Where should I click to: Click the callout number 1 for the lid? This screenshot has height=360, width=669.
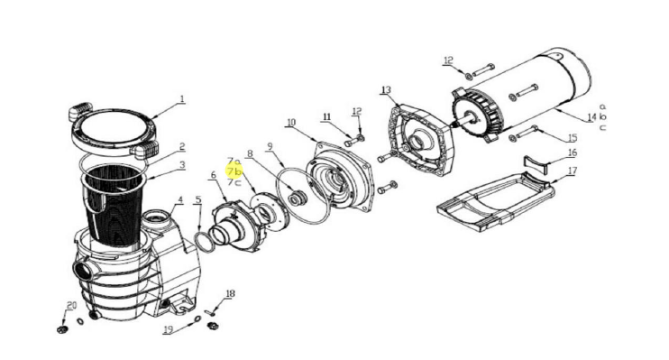[x=182, y=99]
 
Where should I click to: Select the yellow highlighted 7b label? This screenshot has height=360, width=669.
[x=234, y=171]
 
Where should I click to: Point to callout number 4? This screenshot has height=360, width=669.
[x=180, y=199]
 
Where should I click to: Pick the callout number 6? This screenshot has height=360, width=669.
[x=214, y=175]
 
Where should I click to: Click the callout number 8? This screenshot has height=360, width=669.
[x=250, y=153]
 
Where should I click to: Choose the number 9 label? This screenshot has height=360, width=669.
[x=270, y=146]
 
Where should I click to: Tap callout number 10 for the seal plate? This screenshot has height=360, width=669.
[x=291, y=123]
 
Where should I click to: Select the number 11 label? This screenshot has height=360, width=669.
[x=326, y=117]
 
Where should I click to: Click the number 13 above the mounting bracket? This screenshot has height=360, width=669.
[x=386, y=90]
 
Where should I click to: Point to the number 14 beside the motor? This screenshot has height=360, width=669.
[x=591, y=117]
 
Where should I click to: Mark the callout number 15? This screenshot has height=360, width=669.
[x=573, y=137]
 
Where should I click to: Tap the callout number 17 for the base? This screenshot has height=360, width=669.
[x=573, y=171]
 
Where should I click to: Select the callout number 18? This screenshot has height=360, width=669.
[x=230, y=294]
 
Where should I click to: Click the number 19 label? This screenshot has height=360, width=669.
[x=168, y=329]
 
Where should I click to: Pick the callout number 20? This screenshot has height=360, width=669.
[x=71, y=305]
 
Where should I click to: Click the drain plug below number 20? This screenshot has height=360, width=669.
[x=62, y=329]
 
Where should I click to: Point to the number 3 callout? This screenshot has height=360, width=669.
[x=182, y=165]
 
